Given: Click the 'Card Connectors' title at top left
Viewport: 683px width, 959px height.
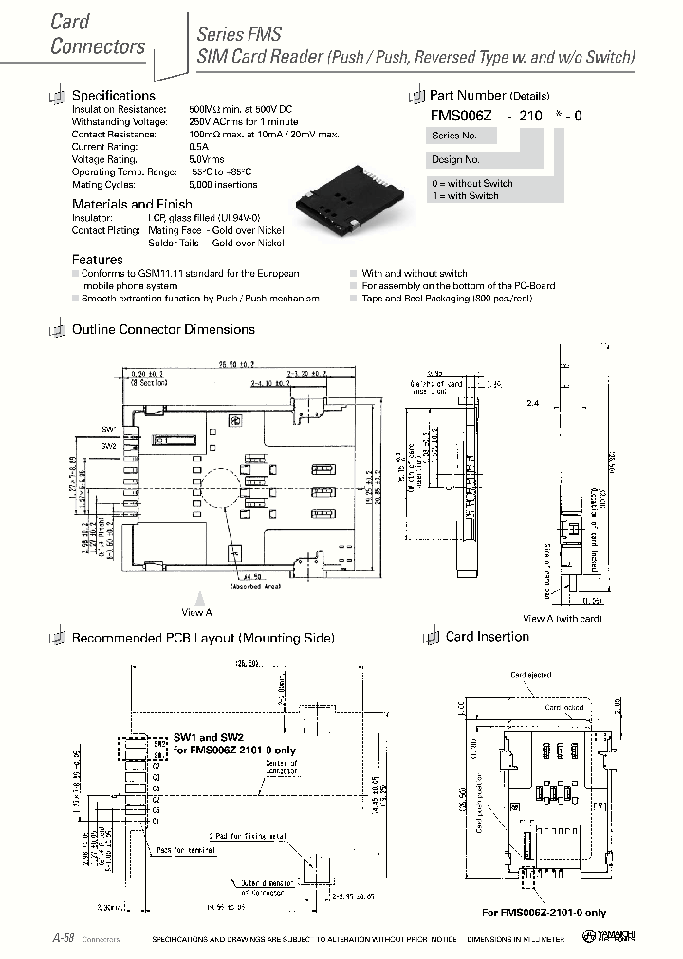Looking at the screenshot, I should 97,34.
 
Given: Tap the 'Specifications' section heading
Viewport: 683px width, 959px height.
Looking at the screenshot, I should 113,96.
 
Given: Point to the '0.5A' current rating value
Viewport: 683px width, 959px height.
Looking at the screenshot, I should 198,147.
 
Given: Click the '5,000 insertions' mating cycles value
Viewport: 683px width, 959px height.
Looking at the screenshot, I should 223,184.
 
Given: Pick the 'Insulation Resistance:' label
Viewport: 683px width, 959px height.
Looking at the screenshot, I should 120,110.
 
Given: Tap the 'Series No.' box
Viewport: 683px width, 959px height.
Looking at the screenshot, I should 452,136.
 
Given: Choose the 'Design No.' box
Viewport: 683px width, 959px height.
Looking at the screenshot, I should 456,160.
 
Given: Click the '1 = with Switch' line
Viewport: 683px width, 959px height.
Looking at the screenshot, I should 465,195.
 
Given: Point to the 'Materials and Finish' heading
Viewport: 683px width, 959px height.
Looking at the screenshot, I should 132,204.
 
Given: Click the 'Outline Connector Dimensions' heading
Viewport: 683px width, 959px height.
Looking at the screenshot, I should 163,330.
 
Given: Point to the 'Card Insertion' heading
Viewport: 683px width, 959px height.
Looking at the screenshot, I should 487,637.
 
